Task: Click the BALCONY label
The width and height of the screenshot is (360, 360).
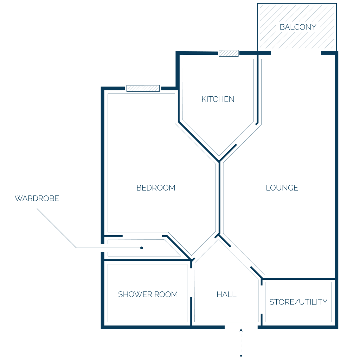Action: tap(298, 27)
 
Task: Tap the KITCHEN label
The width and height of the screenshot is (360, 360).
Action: tap(218, 99)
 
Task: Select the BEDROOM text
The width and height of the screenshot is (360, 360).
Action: tap(156, 188)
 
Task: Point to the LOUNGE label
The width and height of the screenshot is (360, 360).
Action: tap(282, 188)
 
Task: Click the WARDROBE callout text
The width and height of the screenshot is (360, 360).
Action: tap(37, 198)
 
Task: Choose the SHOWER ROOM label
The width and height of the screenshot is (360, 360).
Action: tap(148, 294)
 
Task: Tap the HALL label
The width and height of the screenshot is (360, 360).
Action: tap(226, 294)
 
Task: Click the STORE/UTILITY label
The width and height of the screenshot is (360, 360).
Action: tap(298, 302)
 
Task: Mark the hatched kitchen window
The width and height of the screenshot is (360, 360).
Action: tap(229, 53)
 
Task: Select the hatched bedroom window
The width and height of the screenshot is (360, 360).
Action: tap(143, 88)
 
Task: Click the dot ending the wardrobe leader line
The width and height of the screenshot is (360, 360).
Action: tap(142, 248)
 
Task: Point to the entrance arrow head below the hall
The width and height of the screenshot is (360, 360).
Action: tap(241, 330)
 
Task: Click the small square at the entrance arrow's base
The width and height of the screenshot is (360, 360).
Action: tap(241, 356)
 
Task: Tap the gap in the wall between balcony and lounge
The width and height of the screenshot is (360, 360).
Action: tap(296, 53)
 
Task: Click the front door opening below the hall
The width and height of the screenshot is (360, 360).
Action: tap(241, 327)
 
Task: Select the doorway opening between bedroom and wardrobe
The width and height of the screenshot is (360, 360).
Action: tap(142, 236)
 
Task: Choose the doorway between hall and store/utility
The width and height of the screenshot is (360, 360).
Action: tap(262, 300)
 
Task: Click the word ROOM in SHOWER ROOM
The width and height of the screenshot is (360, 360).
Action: tap(166, 294)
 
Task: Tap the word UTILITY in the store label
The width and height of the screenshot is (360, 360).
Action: tap(313, 302)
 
